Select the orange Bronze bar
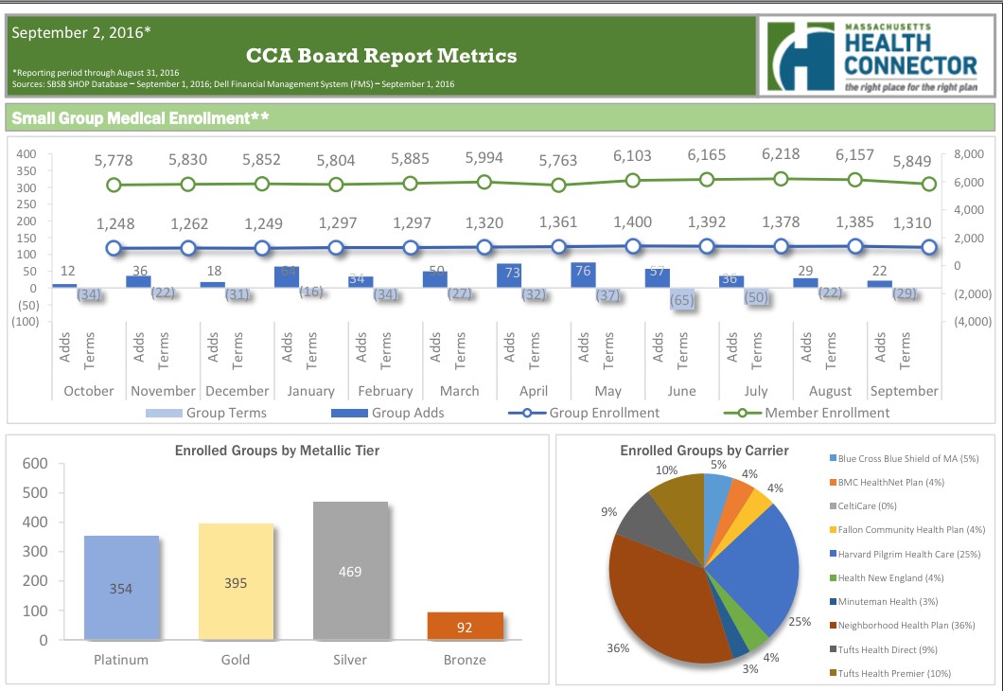465,626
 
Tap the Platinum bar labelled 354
121,588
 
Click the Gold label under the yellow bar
235,660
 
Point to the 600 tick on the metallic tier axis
34,464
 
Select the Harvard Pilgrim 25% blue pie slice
757,568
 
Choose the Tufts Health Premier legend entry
894,673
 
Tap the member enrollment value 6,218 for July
781,154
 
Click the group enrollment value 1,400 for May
632,222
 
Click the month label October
88,391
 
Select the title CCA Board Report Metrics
381,56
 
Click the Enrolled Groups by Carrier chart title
704,451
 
